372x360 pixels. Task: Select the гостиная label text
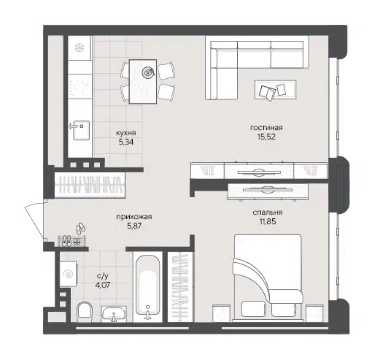point(266,127)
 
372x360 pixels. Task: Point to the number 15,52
point(266,137)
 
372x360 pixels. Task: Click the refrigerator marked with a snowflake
point(78,47)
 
